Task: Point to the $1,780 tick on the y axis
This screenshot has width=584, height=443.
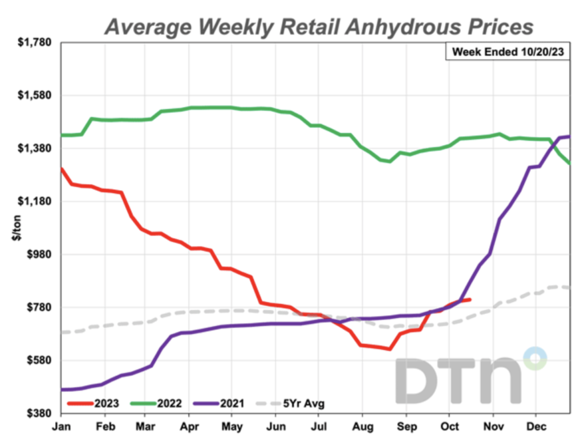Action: [x=36, y=42]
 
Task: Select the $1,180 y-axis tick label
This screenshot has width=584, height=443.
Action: [x=36, y=201]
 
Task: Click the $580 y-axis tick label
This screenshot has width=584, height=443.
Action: [x=39, y=360]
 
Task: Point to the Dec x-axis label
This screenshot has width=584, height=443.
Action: [x=535, y=426]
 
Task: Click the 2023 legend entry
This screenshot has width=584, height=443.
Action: [x=94, y=404]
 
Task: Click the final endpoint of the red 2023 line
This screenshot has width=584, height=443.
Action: [x=469, y=299]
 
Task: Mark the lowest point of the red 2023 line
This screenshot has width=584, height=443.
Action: [x=390, y=349]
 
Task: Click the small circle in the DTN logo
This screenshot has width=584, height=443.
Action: [x=535, y=359]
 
